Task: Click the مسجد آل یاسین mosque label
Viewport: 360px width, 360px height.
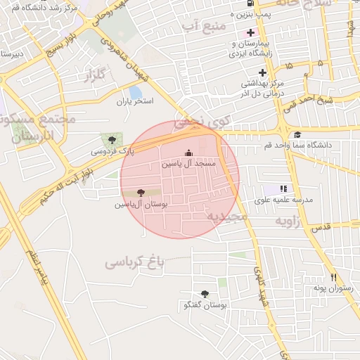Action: (x=187, y=163)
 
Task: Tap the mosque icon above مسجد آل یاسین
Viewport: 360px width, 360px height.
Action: (x=187, y=153)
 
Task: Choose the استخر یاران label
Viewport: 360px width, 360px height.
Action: (x=135, y=101)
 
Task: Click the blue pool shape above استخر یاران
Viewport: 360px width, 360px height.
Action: (x=135, y=91)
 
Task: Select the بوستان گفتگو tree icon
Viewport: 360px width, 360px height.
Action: (x=205, y=294)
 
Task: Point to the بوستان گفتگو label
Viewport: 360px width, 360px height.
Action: (x=204, y=305)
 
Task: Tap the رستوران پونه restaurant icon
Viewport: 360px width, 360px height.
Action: (x=333, y=277)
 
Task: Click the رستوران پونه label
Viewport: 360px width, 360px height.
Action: (x=326, y=288)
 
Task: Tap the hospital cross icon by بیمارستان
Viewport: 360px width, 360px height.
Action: (x=251, y=33)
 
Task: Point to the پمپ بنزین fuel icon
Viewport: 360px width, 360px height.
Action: (x=251, y=2)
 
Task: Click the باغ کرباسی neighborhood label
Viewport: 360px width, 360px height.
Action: (x=134, y=263)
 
